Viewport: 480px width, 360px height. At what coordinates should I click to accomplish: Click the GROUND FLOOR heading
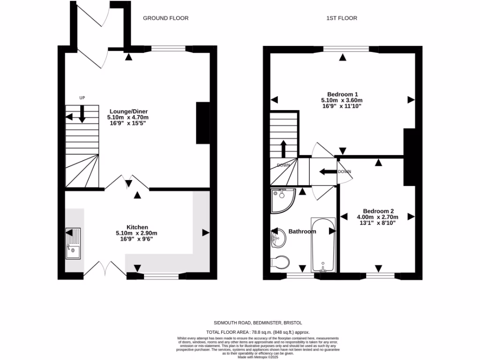click(165, 18)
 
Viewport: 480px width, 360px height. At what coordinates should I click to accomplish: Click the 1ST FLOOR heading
click(342, 18)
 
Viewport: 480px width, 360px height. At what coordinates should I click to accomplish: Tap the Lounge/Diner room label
click(127, 111)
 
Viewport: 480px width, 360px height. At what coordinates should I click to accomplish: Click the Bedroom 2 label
click(377, 210)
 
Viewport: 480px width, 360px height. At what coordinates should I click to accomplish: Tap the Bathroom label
click(302, 232)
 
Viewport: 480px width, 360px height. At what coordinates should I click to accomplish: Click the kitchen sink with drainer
click(73, 243)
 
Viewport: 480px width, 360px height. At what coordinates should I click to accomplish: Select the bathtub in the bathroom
click(323, 245)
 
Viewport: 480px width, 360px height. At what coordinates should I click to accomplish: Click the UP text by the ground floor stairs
click(82, 98)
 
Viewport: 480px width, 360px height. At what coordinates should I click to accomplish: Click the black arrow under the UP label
click(82, 114)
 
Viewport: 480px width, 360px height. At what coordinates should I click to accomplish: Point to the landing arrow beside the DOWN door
click(328, 172)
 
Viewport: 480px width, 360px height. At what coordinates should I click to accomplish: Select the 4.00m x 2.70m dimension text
click(377, 217)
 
